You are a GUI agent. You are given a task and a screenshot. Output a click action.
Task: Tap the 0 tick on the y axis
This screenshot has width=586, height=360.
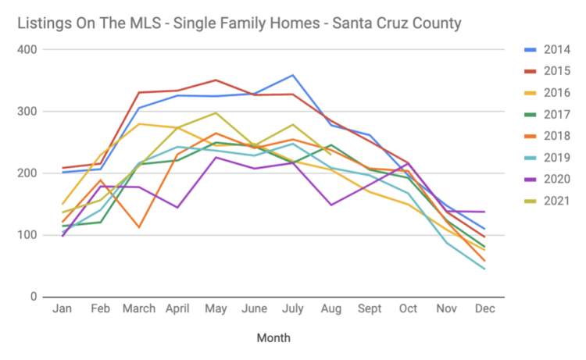[x=34, y=297]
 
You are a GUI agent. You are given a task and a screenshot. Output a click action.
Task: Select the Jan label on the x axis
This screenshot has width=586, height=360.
[x=63, y=310]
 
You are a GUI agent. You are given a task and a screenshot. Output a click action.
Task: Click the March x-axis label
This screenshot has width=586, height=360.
[x=138, y=310]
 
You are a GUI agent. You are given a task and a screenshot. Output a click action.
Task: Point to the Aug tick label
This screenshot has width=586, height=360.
[x=331, y=310]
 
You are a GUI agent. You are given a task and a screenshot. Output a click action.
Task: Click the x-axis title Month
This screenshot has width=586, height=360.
[x=273, y=338]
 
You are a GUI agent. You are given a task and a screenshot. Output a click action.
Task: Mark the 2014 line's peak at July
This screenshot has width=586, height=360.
[x=292, y=75]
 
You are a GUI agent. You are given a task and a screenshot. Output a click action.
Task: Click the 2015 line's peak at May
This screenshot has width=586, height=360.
[x=216, y=80]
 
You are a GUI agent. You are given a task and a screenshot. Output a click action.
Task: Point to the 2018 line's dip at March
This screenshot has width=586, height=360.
[x=139, y=227]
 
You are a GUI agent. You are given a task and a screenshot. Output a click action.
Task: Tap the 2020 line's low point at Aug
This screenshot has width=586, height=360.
[x=331, y=205]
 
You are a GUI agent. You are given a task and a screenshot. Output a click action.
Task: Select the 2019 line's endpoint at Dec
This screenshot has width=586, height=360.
[x=484, y=269]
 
